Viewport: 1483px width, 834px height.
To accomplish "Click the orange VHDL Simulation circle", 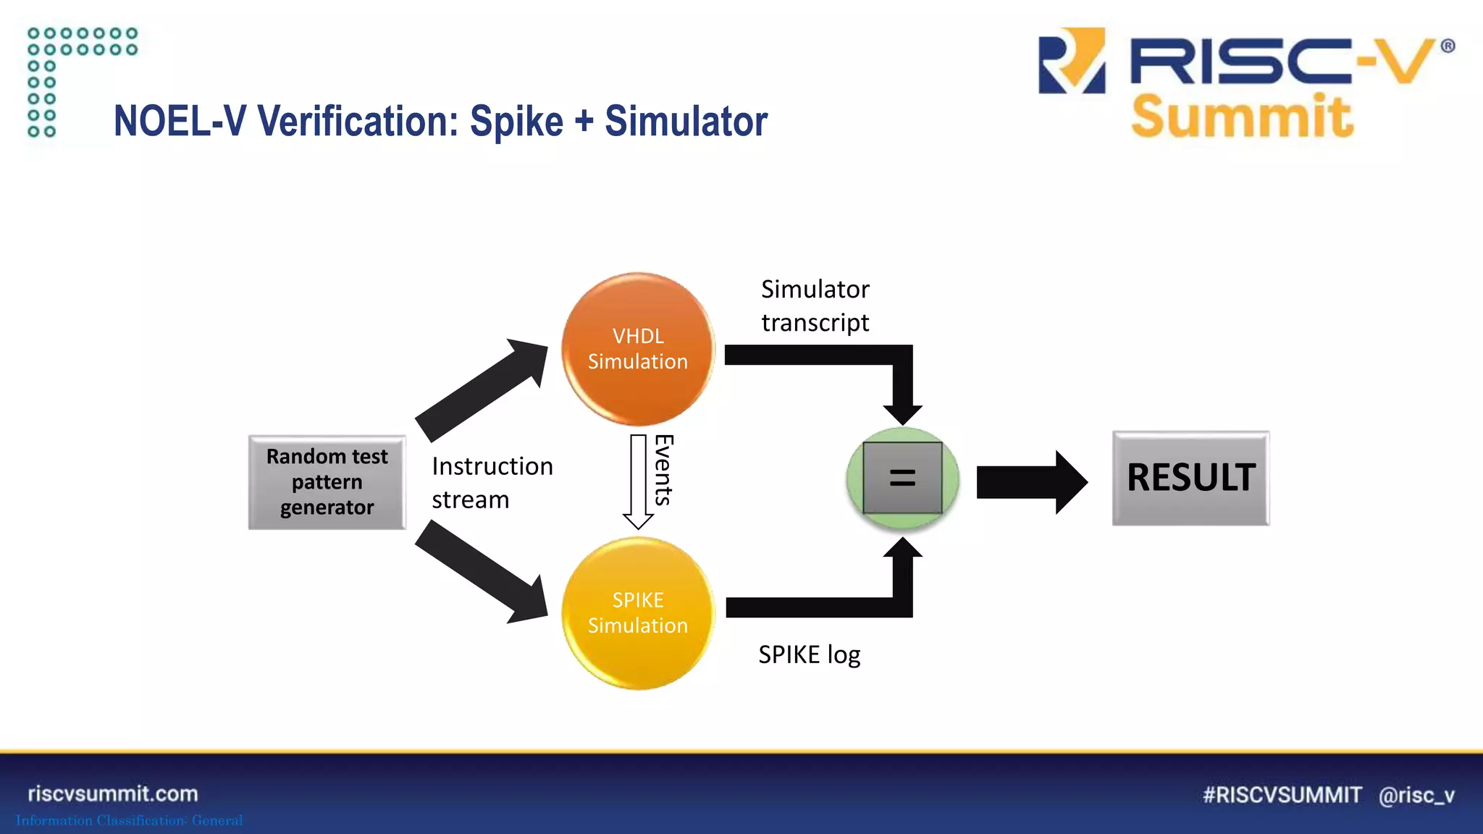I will coord(638,349).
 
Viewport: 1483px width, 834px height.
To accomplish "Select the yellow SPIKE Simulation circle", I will coord(638,612).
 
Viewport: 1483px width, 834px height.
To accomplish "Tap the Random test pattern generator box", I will coord(327,482).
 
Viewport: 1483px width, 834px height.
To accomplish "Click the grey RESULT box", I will coord(1190,478).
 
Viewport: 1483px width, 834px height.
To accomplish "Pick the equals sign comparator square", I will coord(902,478).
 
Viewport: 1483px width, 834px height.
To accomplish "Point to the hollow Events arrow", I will coord(638,481).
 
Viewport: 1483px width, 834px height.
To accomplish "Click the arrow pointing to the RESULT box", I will coord(1030,482).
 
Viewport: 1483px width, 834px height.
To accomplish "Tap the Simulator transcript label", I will coord(815,306).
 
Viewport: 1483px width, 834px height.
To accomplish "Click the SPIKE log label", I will coord(809,654).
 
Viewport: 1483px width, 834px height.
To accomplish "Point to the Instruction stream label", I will coord(492,483).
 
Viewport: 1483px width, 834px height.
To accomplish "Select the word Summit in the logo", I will coord(1241,117).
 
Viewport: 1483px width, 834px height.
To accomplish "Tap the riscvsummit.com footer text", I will coord(113,793).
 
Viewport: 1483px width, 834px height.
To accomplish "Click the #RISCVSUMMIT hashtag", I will coord(1282,795).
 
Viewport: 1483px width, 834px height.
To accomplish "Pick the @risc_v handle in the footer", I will coord(1416,795).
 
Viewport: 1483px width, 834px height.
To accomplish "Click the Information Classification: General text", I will coord(129,820).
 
